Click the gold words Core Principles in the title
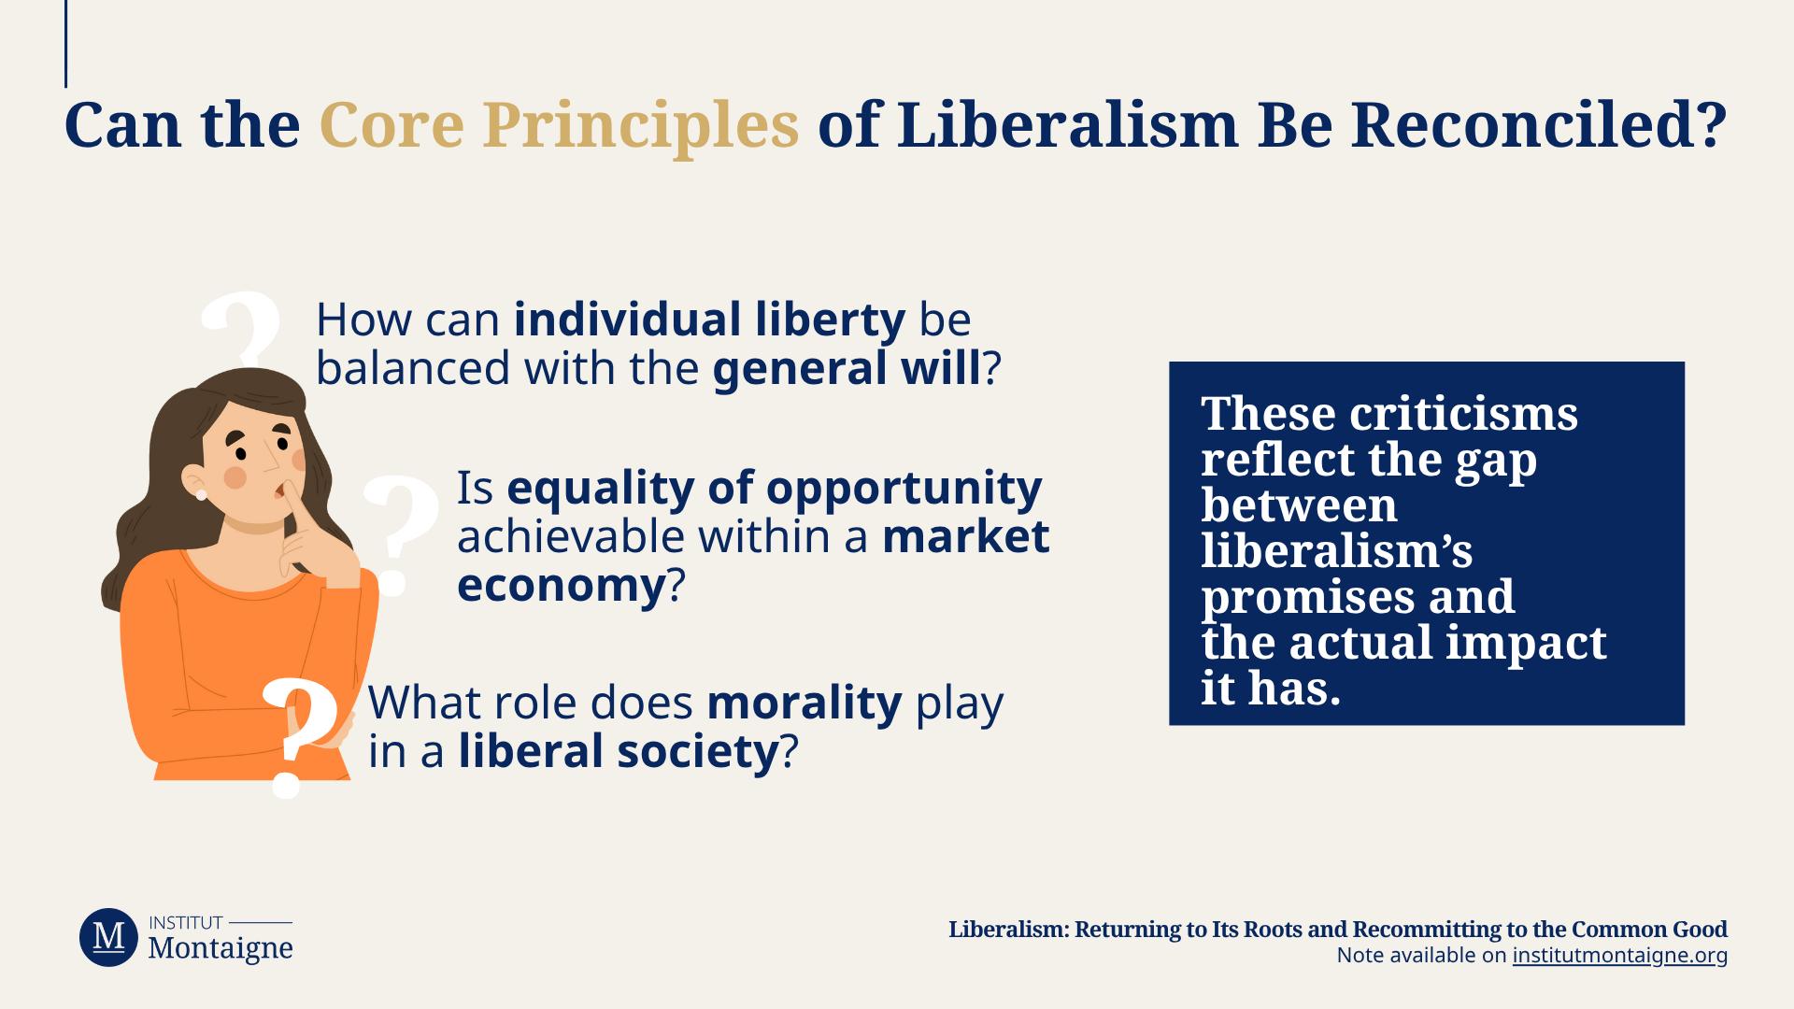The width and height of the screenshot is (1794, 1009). pyautogui.click(x=559, y=125)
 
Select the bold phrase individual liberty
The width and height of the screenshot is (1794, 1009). pyautogui.click(x=709, y=320)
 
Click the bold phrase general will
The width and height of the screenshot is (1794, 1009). pyautogui.click(x=847, y=368)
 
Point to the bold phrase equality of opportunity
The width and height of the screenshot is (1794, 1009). pyautogui.click(x=774, y=489)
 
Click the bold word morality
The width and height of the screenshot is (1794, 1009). pyautogui.click(x=804, y=703)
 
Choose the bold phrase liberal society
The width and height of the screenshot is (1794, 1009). pyautogui.click(x=619, y=751)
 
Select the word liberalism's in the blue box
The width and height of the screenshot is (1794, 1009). pyautogui.click(x=1337, y=550)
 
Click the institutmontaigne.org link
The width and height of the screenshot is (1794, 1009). pyautogui.click(x=1619, y=955)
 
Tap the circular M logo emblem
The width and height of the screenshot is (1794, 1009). pyautogui.click(x=108, y=937)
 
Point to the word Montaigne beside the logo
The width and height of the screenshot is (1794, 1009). pyautogui.click(x=221, y=948)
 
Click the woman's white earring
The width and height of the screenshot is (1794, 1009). pyautogui.click(x=201, y=494)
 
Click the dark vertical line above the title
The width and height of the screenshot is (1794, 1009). pyautogui.click(x=65, y=44)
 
